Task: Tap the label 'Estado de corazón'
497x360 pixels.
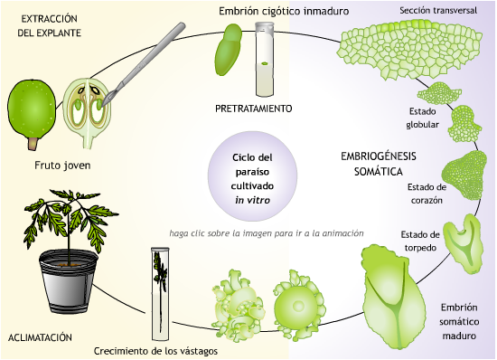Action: [x=423, y=193]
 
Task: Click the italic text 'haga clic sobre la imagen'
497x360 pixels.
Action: [x=267, y=233]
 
